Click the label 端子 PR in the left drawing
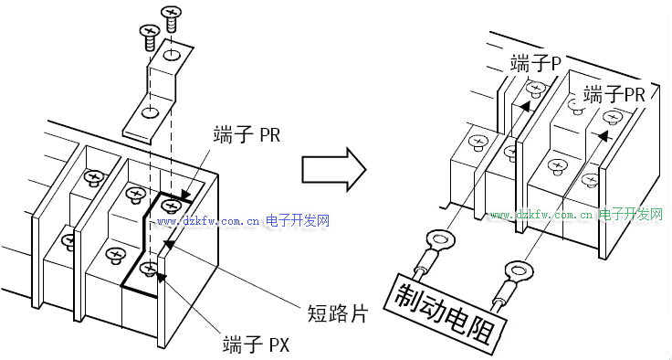pyautogui.click(x=246, y=135)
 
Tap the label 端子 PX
pyautogui.click(x=257, y=344)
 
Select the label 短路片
pyautogui.click(x=338, y=313)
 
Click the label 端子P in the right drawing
pyautogui.click(x=536, y=63)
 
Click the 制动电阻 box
pyautogui.click(x=446, y=310)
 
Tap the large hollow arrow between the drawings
pyautogui.click(x=334, y=169)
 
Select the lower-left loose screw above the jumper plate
pyautogui.click(x=149, y=37)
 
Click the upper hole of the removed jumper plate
pyautogui.click(x=172, y=55)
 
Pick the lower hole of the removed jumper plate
pyautogui.click(x=150, y=113)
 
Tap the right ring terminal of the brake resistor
pyautogui.click(x=517, y=270)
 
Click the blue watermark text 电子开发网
pyautogui.click(x=298, y=221)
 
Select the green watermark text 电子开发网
pyautogui.click(x=631, y=214)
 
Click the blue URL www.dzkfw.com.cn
pyautogui.click(x=208, y=222)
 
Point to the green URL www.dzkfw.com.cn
pyautogui.click(x=542, y=214)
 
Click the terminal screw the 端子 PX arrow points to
pyautogui.click(x=149, y=269)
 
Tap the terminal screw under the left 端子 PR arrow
pyautogui.click(x=171, y=206)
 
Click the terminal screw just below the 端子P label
pyautogui.click(x=535, y=90)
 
